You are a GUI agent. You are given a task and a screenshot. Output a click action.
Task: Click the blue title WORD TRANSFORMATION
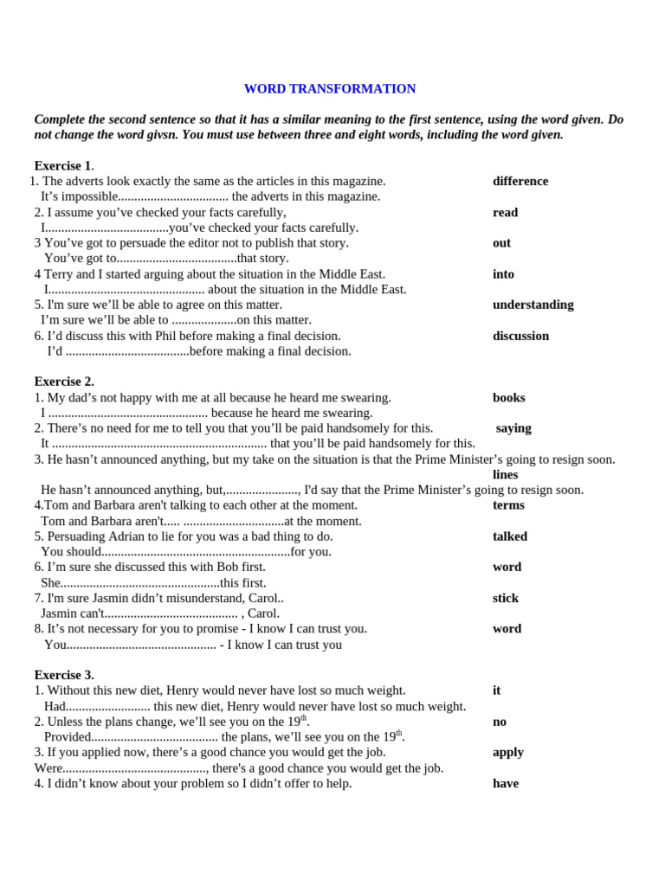[329, 89]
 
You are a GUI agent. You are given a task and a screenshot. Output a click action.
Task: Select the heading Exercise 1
[63, 165]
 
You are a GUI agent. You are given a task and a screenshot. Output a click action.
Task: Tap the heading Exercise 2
[63, 382]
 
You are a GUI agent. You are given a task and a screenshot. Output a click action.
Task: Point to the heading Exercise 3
[63, 675]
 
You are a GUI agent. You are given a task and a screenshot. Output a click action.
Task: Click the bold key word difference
[520, 181]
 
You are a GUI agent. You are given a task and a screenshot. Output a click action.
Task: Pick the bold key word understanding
[533, 305]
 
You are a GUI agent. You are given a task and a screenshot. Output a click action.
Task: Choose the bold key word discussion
[520, 336]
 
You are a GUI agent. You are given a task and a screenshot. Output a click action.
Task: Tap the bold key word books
[508, 398]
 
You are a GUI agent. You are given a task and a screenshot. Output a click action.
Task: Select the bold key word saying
[513, 428]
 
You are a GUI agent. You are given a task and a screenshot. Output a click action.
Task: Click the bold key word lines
[505, 474]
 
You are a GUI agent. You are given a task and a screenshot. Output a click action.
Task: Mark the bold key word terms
[508, 505]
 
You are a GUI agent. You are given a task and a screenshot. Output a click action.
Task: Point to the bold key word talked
[509, 536]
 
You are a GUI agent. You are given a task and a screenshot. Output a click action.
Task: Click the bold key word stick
[506, 598]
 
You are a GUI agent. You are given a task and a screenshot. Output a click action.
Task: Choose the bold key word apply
[508, 752]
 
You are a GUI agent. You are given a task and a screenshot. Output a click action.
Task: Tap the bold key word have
[506, 783]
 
